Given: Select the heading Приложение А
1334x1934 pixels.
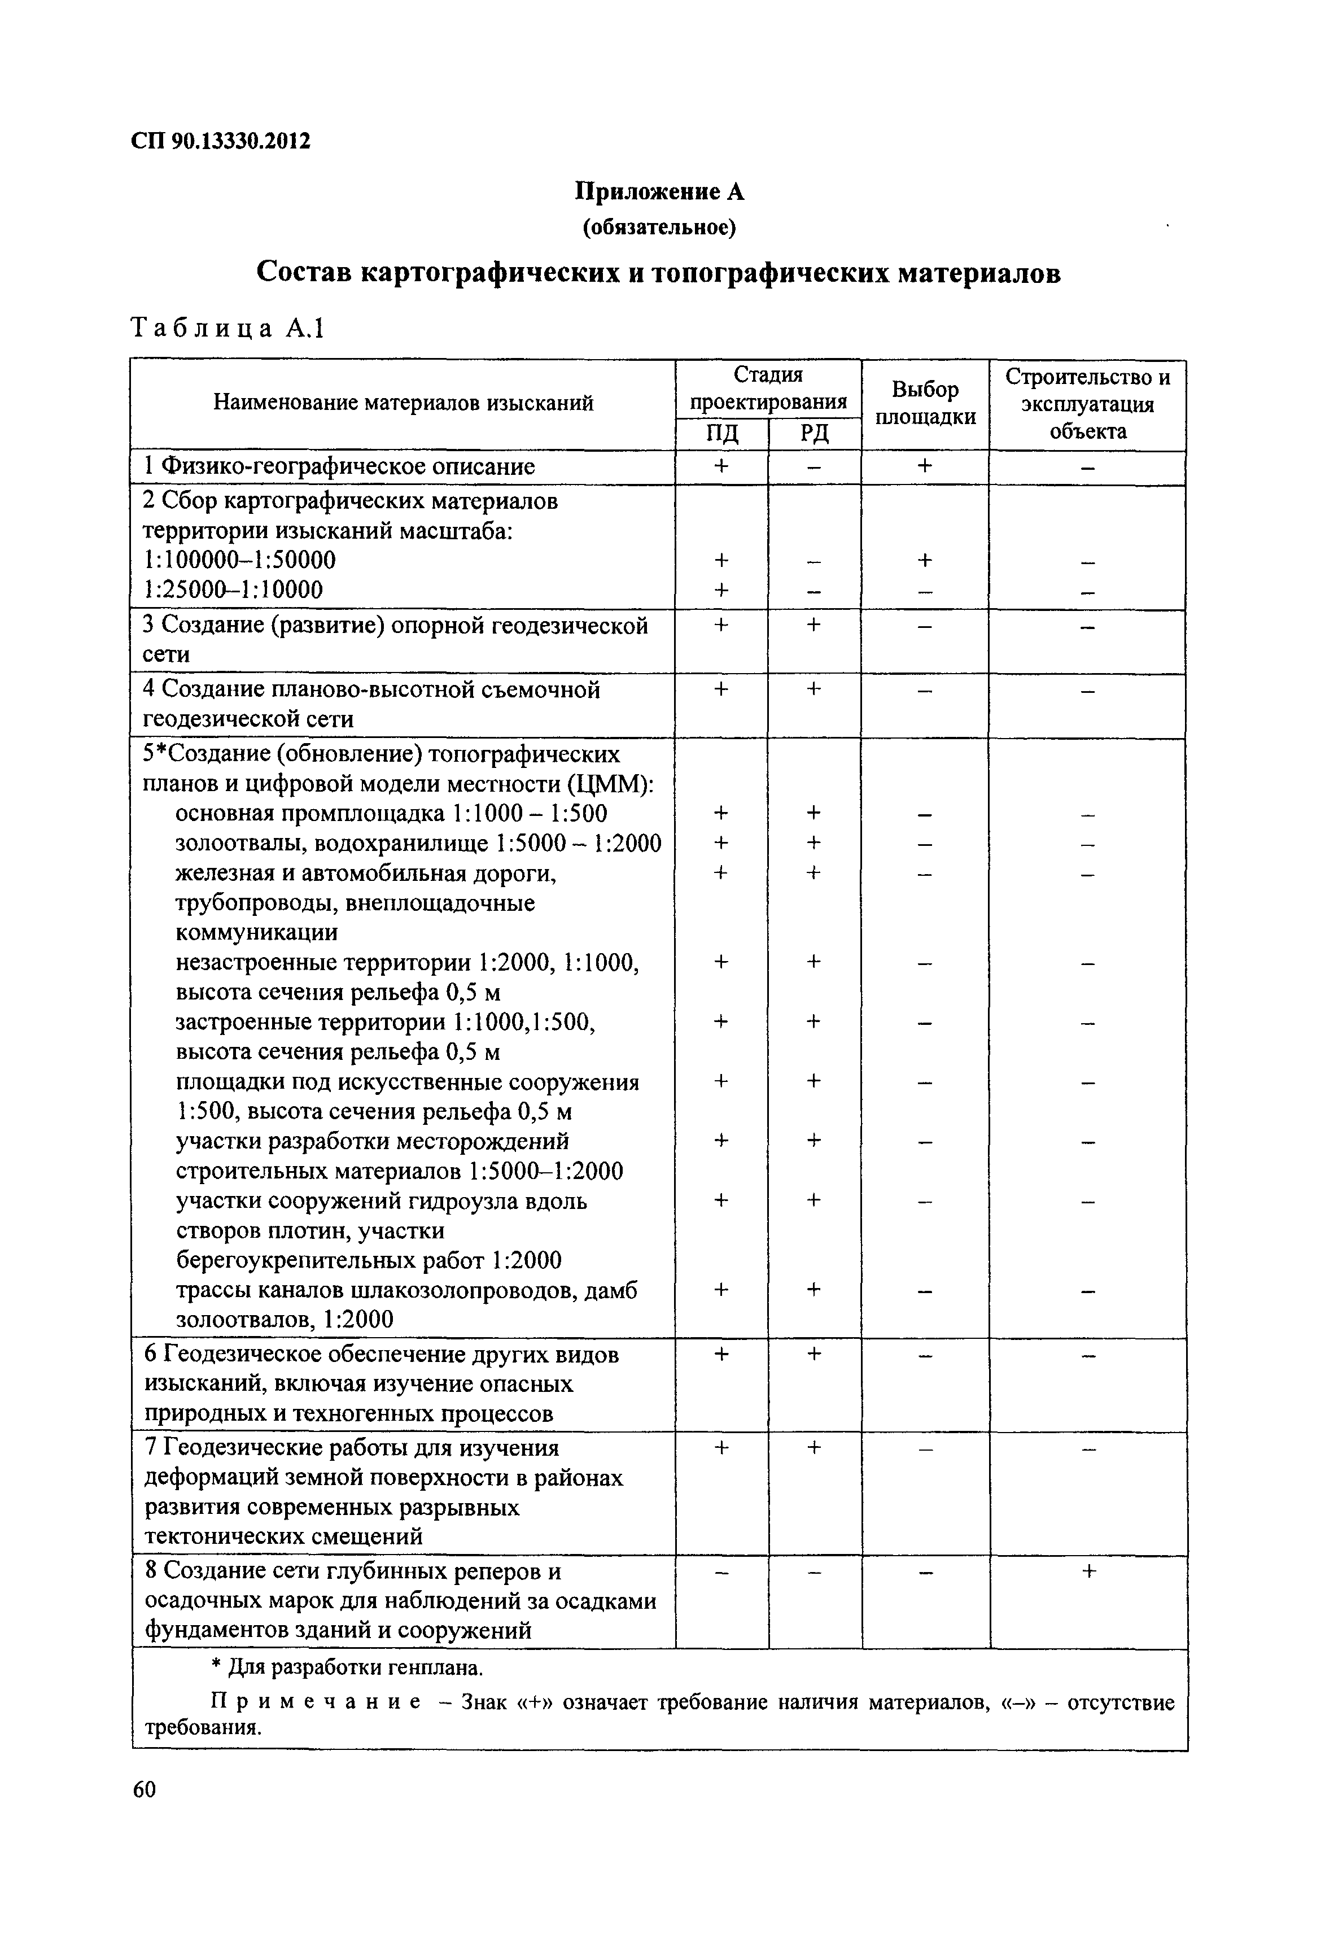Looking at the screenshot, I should [x=659, y=192].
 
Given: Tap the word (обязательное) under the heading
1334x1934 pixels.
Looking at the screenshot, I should [x=659, y=228].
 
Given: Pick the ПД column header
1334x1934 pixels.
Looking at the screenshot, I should [x=721, y=434].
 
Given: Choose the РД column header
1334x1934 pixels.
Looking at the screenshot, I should [x=814, y=434].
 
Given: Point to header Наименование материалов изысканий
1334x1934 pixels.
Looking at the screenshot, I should [x=403, y=404].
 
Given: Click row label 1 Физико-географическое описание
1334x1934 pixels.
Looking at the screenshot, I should [x=339, y=466].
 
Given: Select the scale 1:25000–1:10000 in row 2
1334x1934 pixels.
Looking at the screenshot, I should [x=234, y=590].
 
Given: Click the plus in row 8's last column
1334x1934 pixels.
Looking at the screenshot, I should [x=1088, y=1572].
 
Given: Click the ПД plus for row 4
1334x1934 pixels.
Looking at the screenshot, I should [x=721, y=689].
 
